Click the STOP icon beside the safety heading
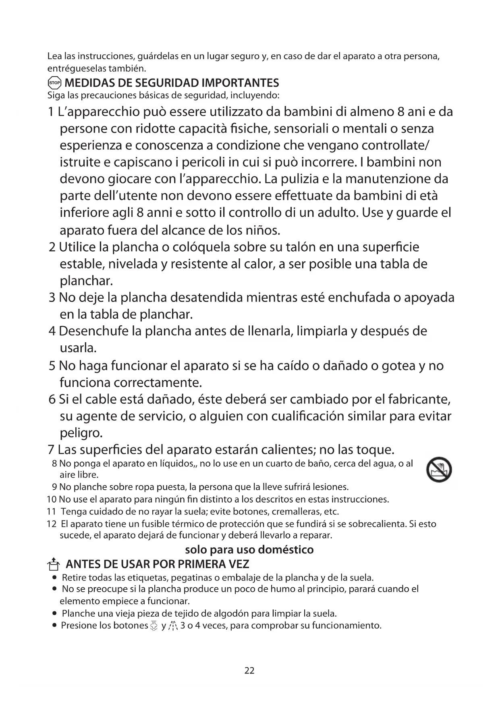click(54, 83)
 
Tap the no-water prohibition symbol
click(439, 470)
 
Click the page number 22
click(249, 671)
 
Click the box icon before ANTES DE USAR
click(53, 564)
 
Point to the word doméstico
click(285, 550)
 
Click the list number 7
click(51, 449)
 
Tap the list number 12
click(51, 524)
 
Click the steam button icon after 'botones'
click(154, 626)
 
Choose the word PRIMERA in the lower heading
click(199, 564)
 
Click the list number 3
click(52, 297)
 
